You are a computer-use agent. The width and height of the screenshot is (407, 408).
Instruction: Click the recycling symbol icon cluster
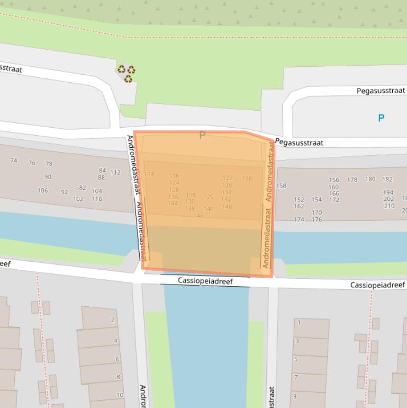pos(126,73)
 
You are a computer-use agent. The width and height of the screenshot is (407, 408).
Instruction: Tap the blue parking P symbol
pos(381,118)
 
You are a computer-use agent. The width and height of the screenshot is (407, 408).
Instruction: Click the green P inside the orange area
pos(202,136)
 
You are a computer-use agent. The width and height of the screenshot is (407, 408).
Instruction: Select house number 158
pos(281,186)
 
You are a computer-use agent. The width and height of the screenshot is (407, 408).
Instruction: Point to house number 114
pos(149,174)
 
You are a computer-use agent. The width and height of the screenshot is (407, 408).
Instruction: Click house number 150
pos(247,179)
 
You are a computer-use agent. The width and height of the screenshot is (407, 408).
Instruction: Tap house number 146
pos(198,216)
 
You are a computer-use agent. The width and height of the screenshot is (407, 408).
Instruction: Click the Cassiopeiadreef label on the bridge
pos(205,281)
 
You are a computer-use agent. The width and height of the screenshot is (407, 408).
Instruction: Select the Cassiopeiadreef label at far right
pos(377,285)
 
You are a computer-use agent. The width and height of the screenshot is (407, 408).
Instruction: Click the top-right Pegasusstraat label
pos(381,91)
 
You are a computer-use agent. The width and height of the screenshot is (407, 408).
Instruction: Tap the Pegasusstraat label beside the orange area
pos(299,143)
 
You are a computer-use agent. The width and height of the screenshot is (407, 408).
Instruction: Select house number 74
pos(14,161)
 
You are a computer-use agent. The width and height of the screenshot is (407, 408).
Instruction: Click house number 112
pos(115,172)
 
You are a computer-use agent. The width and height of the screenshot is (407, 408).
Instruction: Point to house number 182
pos(387,180)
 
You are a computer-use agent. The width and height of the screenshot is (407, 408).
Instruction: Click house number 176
pos(316,219)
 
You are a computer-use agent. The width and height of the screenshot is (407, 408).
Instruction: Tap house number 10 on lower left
pos(120,395)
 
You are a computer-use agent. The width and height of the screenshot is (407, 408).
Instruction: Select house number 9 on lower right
pos(295,396)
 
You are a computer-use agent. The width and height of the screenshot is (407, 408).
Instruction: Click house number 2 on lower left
pos(112,320)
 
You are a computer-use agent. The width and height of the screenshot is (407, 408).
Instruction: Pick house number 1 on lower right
pos(299,322)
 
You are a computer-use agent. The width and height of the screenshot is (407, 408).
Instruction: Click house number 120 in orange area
pos(209,197)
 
